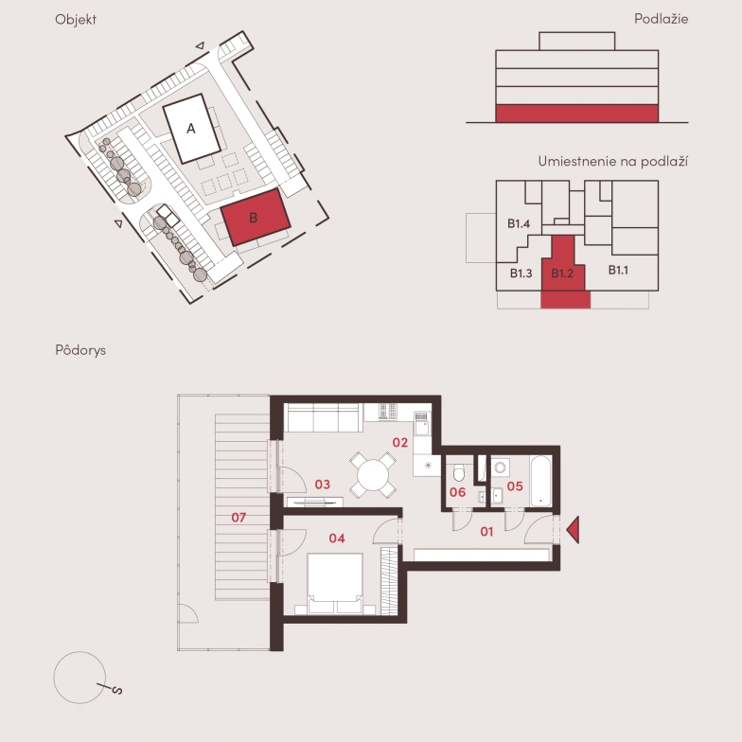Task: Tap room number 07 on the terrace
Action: [x=238, y=517]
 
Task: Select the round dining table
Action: [x=373, y=475]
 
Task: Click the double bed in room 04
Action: [x=335, y=583]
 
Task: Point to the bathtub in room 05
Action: [x=541, y=481]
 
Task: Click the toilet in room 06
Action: [x=459, y=472]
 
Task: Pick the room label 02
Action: [x=399, y=443]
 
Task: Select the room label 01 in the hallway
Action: [x=486, y=532]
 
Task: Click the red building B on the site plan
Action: [x=256, y=218]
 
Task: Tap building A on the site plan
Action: [x=191, y=129]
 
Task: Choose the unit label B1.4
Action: [x=519, y=223]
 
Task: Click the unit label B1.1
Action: [x=618, y=270]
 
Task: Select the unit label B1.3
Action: [x=521, y=273]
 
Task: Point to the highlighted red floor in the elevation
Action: [x=577, y=114]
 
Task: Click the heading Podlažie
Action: [x=661, y=19]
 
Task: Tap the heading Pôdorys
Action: [x=80, y=350]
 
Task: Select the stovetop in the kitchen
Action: [x=388, y=411]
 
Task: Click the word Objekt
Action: [x=76, y=19]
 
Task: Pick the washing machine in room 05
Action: [x=500, y=468]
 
